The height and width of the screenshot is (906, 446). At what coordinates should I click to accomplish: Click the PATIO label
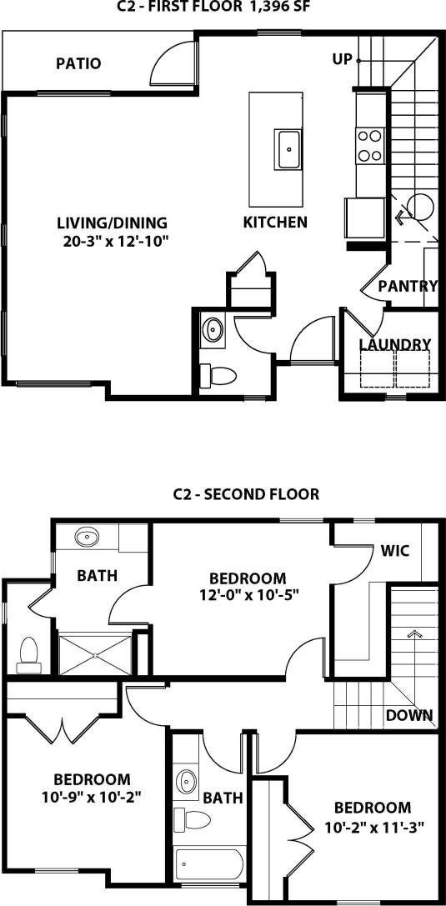coord(78,63)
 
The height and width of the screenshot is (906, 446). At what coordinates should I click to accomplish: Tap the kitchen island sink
coord(289,150)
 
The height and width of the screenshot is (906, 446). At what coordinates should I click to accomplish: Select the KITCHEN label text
coord(275,223)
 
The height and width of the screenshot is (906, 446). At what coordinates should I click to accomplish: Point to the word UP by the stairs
coord(341,59)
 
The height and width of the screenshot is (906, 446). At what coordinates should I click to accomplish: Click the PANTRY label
coord(408,286)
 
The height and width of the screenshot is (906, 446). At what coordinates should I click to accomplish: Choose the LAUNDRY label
coord(394,344)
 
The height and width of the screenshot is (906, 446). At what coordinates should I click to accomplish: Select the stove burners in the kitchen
coord(369,145)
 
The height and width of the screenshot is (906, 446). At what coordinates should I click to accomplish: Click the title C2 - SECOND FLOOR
coord(245,493)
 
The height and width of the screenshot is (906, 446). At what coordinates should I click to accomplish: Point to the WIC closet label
coord(394,551)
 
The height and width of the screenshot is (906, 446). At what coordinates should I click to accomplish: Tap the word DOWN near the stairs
coord(409,714)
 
